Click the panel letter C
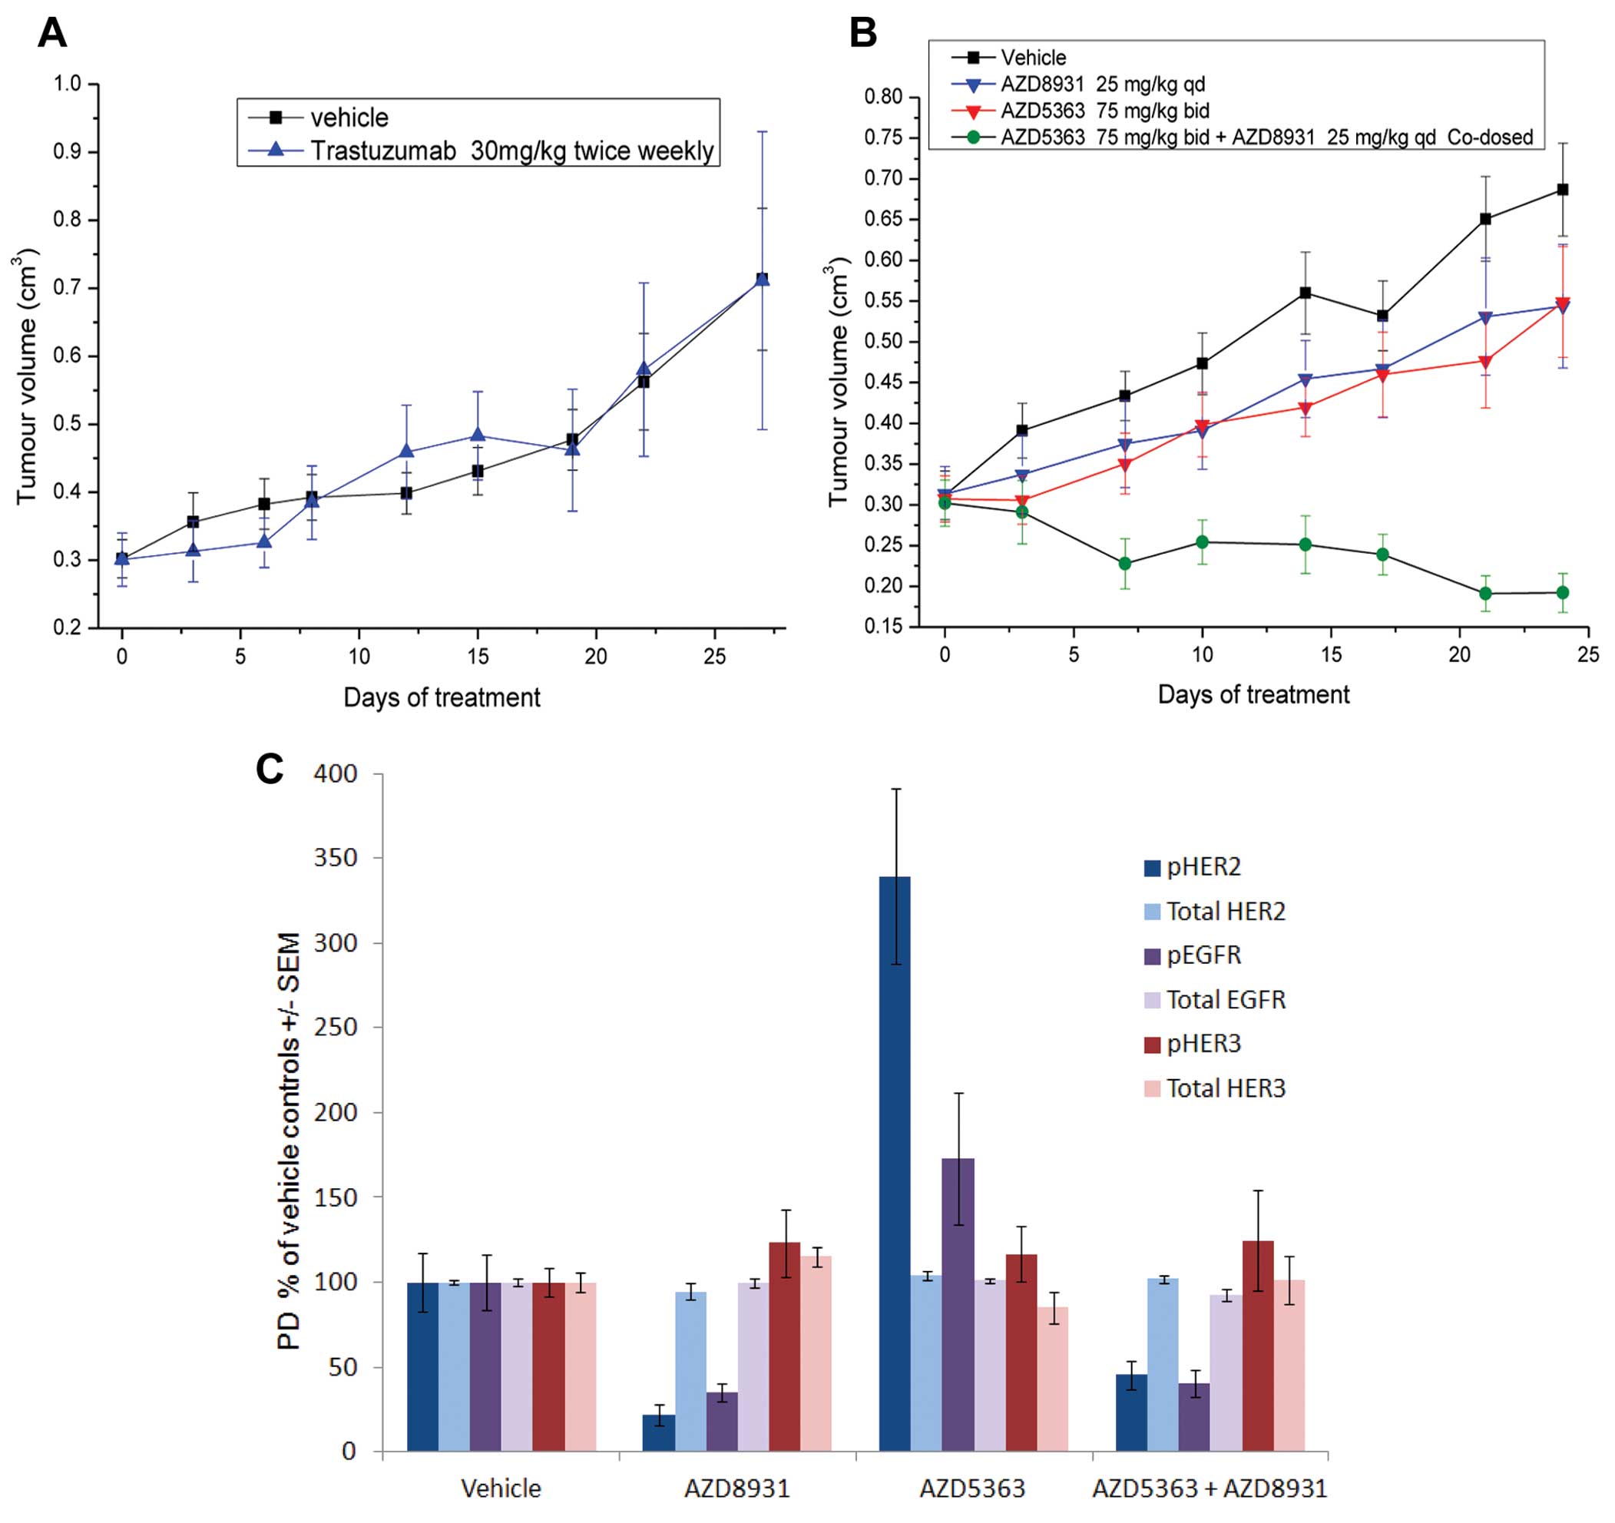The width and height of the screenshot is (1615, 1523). [x=270, y=768]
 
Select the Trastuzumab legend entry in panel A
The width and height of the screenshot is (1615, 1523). [x=511, y=151]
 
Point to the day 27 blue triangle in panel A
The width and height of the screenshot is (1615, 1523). [x=762, y=280]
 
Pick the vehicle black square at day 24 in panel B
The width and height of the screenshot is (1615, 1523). [x=1561, y=190]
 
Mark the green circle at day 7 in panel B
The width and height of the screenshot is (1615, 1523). [x=1125, y=563]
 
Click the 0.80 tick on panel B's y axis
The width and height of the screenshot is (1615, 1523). [x=884, y=98]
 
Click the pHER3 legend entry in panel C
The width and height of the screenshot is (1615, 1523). [x=1203, y=1043]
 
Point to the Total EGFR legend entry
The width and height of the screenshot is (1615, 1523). [x=1225, y=999]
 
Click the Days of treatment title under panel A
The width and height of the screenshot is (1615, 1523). [x=441, y=697]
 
